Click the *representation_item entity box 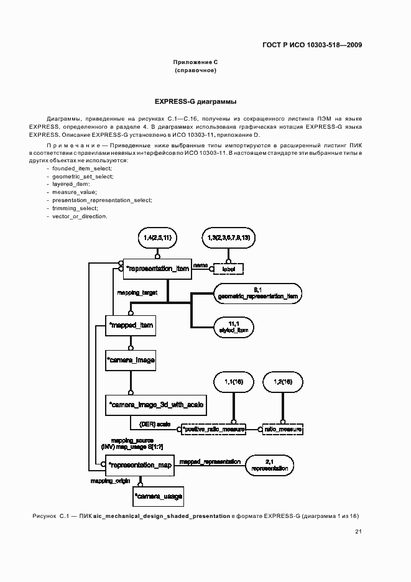click(157, 269)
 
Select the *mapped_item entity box click(130, 326)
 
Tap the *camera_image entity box click(130, 360)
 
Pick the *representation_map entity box click(140, 464)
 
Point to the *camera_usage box click(159, 496)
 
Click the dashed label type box click(228, 269)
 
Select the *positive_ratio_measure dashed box click(213, 429)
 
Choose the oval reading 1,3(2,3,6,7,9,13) click(228, 238)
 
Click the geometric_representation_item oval click(259, 293)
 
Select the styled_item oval click(233, 328)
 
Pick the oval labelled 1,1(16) click(235, 382)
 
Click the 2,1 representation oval click(270, 464)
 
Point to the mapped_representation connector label click(210, 461)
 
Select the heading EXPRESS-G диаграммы click(196, 101)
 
